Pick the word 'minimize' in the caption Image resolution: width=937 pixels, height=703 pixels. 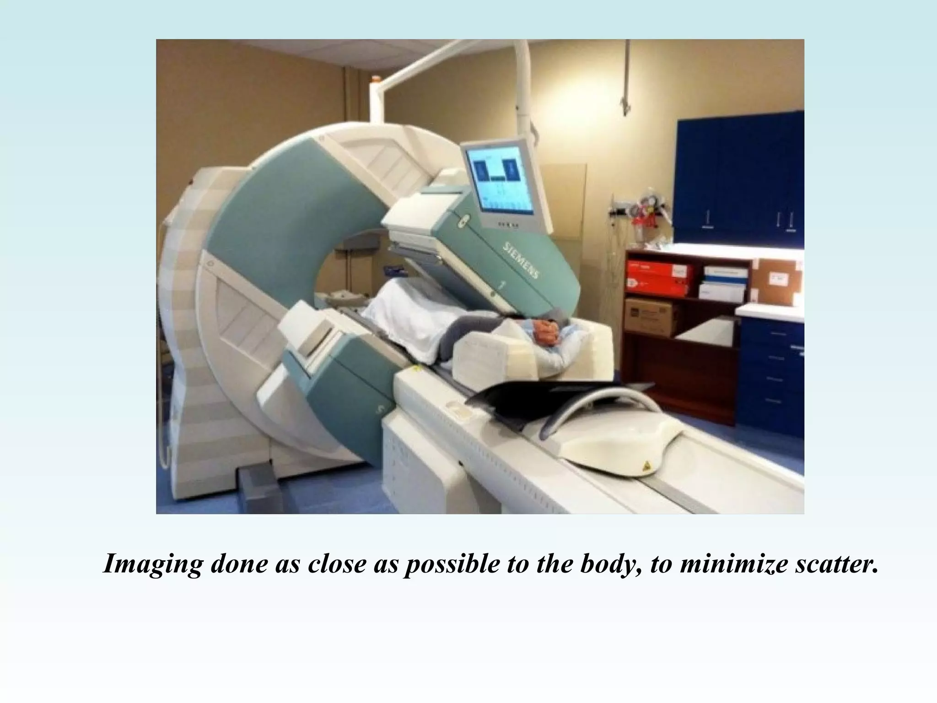(x=732, y=564)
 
